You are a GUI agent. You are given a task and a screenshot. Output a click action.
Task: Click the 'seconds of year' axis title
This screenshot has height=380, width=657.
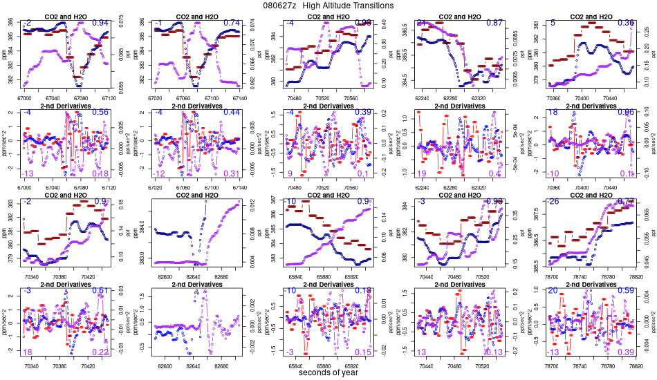pyautogui.click(x=328, y=373)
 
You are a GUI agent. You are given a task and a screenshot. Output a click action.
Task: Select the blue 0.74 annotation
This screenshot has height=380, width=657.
pyautogui.click(x=232, y=23)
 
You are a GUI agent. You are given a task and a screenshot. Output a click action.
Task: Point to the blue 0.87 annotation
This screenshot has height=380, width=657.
pyautogui.click(x=494, y=23)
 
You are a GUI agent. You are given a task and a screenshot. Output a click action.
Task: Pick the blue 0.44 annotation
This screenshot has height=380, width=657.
pyautogui.click(x=232, y=113)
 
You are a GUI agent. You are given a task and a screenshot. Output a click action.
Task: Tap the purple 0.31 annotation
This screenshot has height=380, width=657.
pyautogui.click(x=232, y=173)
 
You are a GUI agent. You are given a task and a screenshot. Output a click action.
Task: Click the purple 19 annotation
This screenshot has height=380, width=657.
pyautogui.click(x=422, y=173)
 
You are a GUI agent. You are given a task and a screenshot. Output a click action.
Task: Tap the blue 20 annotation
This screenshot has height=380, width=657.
pyautogui.click(x=553, y=291)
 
